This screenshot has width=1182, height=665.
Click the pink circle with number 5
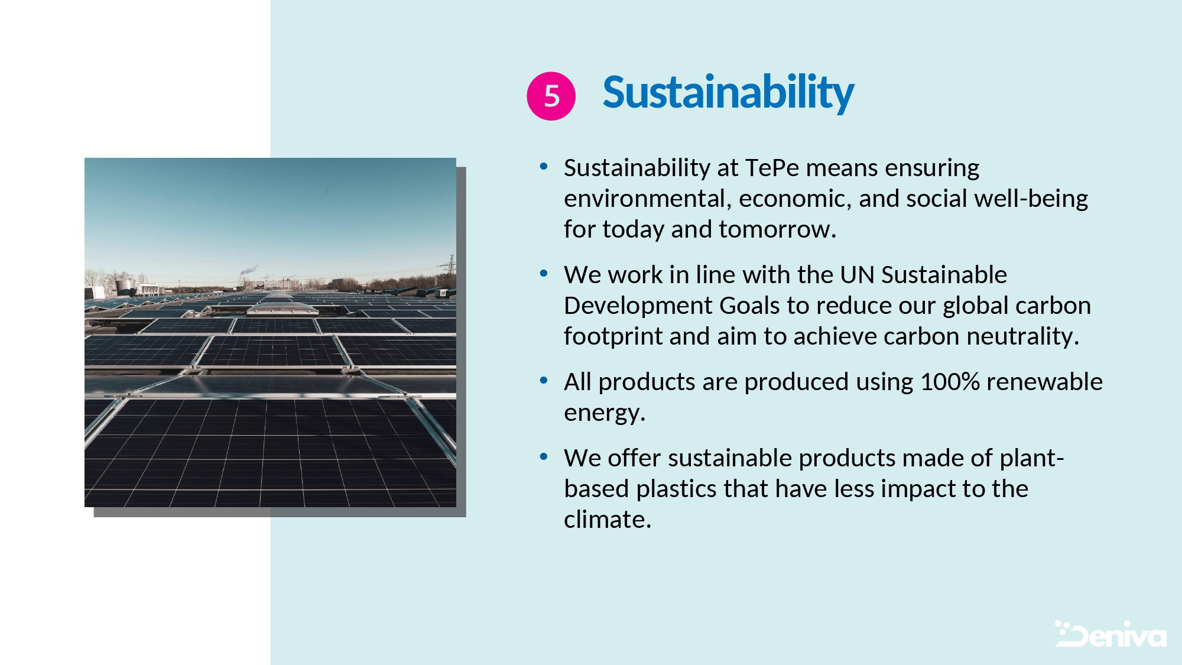[x=551, y=96]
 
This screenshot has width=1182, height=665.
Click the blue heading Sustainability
[x=728, y=93]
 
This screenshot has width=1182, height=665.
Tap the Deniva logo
[x=1110, y=634]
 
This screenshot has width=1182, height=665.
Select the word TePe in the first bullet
[x=772, y=168]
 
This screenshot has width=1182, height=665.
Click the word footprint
[x=613, y=336]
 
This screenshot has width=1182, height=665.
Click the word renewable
[x=1044, y=382]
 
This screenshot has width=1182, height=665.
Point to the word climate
[x=607, y=520]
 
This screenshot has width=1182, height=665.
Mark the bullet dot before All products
[x=544, y=381]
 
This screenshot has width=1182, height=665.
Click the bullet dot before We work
[x=544, y=274]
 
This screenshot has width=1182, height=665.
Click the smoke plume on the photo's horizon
[x=249, y=270]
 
